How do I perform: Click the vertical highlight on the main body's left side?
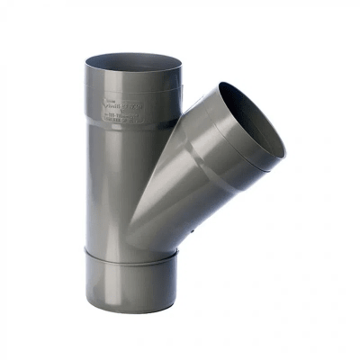(x=98, y=180)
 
